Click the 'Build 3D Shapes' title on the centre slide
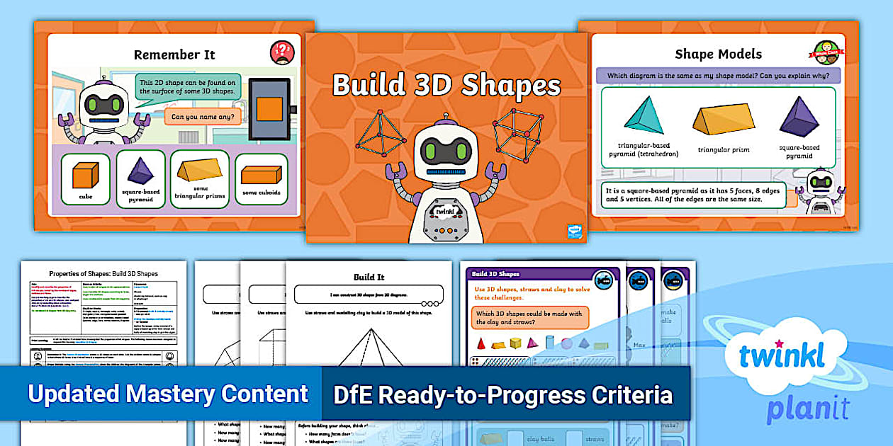[446, 85]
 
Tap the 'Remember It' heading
[174, 55]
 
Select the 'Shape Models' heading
[718, 54]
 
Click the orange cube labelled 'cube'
[85, 174]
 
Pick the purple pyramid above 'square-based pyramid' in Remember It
[140, 171]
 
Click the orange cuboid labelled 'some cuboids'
[261, 174]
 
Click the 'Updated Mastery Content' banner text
[168, 394]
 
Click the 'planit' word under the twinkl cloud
[807, 409]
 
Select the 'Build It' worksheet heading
[369, 277]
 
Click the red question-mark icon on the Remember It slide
[282, 52]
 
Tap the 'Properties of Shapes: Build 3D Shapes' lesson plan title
[103, 273]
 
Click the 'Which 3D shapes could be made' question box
[529, 318]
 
